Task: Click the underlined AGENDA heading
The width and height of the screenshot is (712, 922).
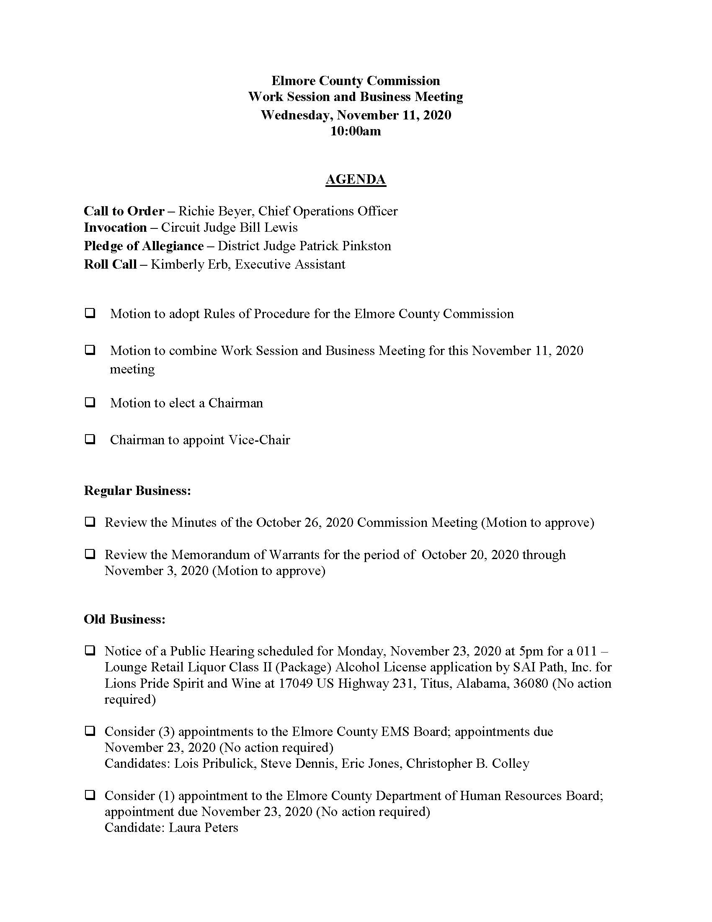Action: (356, 179)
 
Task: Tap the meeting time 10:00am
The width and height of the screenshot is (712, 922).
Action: (356, 131)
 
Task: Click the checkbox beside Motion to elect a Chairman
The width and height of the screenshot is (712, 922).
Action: (90, 402)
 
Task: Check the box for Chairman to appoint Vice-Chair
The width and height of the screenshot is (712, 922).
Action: (90, 439)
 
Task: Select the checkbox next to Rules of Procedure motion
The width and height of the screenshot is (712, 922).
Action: (90, 313)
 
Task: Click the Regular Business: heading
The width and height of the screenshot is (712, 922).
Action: (137, 491)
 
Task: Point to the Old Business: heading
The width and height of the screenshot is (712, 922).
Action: (124, 619)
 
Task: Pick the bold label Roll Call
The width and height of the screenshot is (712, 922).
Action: (110, 264)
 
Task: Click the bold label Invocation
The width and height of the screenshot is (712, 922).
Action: (115, 228)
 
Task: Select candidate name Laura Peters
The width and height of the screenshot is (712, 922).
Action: (203, 827)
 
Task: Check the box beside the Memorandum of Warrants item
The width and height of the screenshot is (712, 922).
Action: (90, 554)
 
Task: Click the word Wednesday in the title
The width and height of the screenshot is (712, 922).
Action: (295, 115)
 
